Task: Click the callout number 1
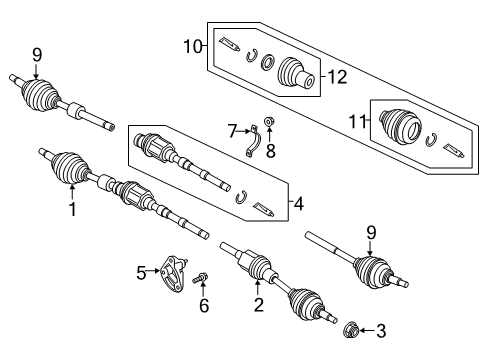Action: pyautogui.click(x=71, y=209)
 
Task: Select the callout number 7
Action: pyautogui.click(x=232, y=131)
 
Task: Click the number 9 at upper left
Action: pyautogui.click(x=37, y=55)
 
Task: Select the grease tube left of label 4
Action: pyautogui.click(x=264, y=210)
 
